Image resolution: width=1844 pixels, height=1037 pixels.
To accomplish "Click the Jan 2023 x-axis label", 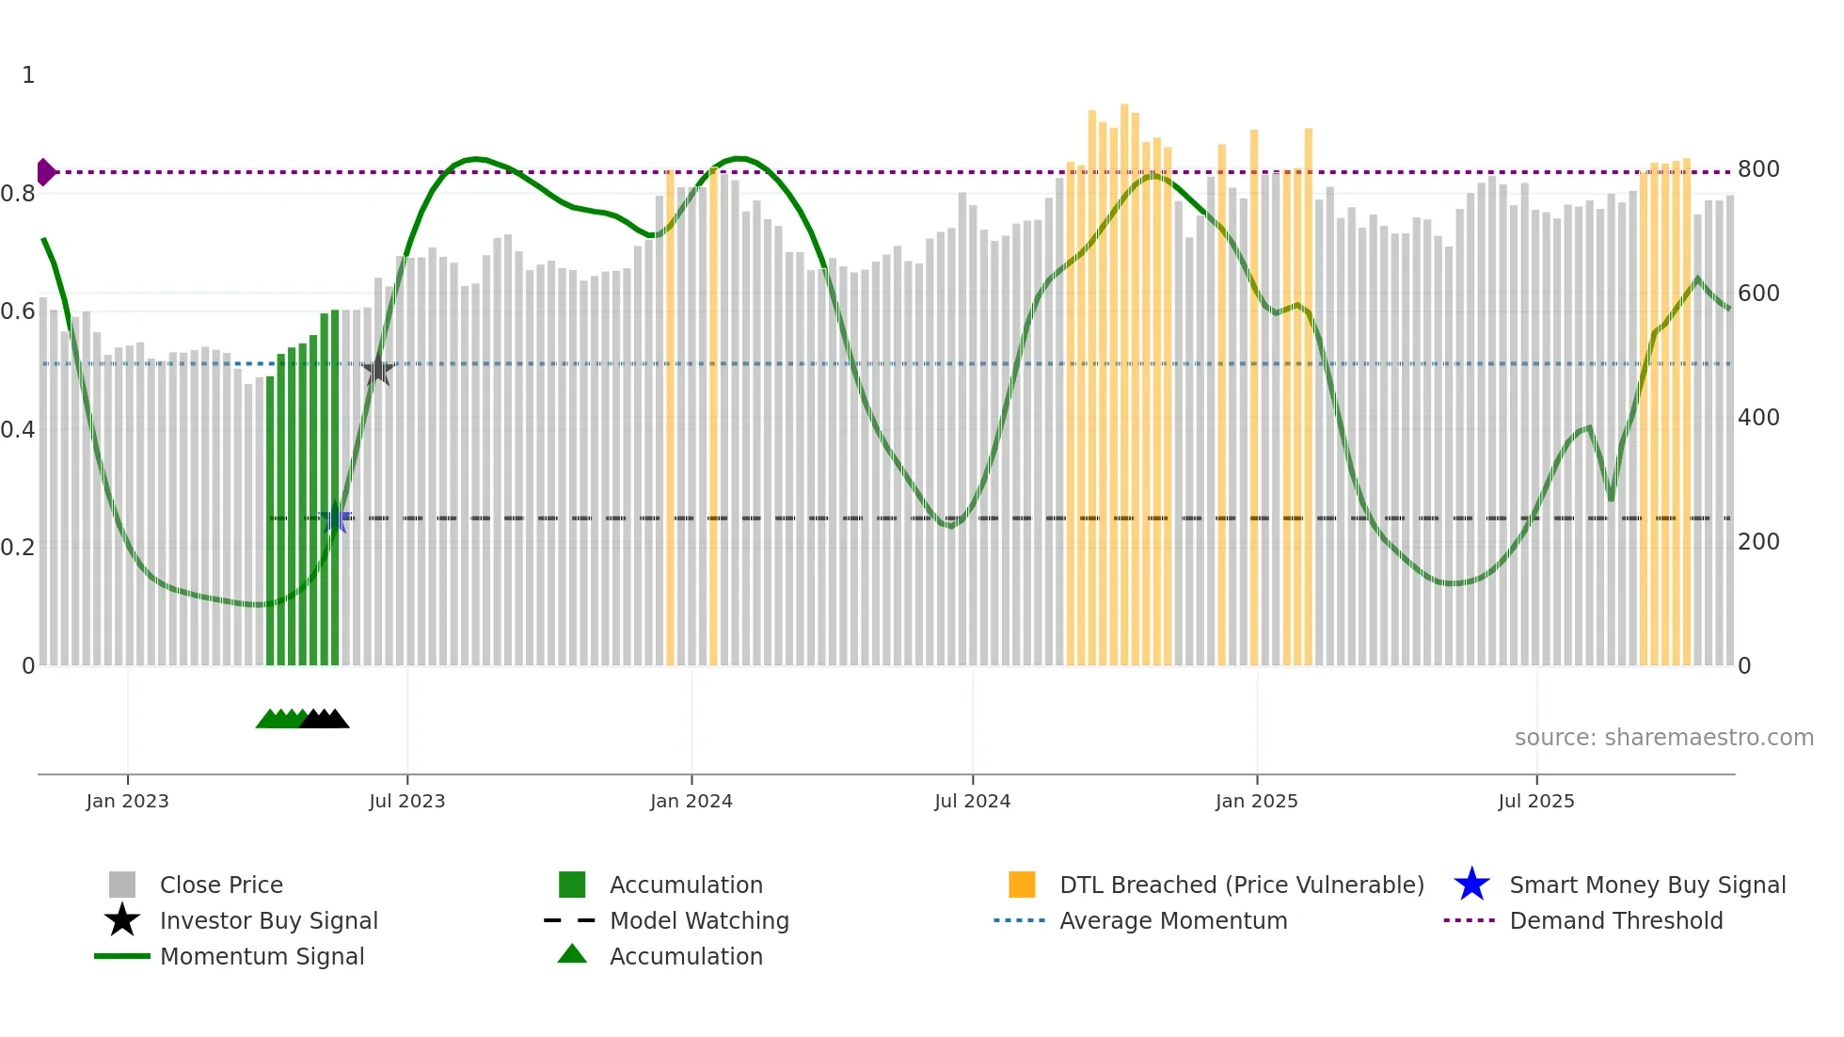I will click(127, 801).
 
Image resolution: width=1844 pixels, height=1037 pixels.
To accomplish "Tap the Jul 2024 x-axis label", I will click(972, 801).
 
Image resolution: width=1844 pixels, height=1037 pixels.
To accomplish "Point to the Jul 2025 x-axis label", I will click(1535, 801).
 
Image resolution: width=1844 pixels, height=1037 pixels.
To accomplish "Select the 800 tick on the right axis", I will click(1758, 169).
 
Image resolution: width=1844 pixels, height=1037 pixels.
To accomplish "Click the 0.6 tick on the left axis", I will click(17, 311).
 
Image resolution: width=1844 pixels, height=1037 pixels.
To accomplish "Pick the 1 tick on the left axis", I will click(28, 75).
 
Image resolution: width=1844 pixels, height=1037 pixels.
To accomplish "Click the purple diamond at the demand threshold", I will click(45, 172).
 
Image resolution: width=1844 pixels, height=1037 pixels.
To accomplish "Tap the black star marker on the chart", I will click(378, 370).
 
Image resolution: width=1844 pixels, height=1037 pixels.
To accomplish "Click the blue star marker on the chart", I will click(335, 518).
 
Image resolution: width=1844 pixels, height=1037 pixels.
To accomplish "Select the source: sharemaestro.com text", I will click(1663, 738).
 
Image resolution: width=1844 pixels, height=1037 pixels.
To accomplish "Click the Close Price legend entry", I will click(221, 885).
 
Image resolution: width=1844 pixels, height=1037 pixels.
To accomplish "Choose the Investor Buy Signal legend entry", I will click(268, 920).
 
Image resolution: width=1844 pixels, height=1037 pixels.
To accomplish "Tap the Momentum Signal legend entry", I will click(262, 956).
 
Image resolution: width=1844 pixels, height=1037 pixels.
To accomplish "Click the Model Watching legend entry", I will click(699, 920).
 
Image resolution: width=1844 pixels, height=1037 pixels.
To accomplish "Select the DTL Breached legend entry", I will click(1241, 885).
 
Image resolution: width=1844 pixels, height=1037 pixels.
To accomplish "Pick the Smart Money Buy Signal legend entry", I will click(1646, 885).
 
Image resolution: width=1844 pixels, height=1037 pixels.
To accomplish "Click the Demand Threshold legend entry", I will click(1615, 920).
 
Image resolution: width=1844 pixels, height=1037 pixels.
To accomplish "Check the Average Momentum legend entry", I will click(1172, 920).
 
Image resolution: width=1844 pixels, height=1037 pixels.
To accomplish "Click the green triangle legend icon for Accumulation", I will click(572, 954).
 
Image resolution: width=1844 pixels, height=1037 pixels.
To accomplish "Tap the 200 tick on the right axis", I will click(1758, 542).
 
